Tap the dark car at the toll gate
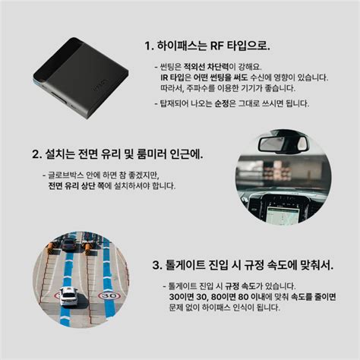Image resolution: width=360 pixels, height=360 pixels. coord(69,245)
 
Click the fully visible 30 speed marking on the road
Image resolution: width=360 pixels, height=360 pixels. coord(109,295)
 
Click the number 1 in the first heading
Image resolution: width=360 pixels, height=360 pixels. coord(147,46)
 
